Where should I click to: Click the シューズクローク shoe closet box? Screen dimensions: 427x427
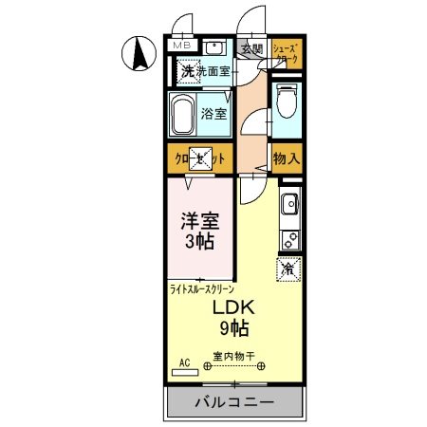click(286, 52)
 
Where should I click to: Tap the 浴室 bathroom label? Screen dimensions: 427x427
click(213, 115)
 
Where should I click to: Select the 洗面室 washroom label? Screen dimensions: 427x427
click(214, 72)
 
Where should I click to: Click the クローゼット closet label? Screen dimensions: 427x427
click(200, 159)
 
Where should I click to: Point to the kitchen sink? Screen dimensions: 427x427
click(289, 201)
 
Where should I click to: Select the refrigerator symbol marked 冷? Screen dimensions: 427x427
click(288, 269)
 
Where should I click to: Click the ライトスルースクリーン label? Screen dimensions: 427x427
click(201, 288)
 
